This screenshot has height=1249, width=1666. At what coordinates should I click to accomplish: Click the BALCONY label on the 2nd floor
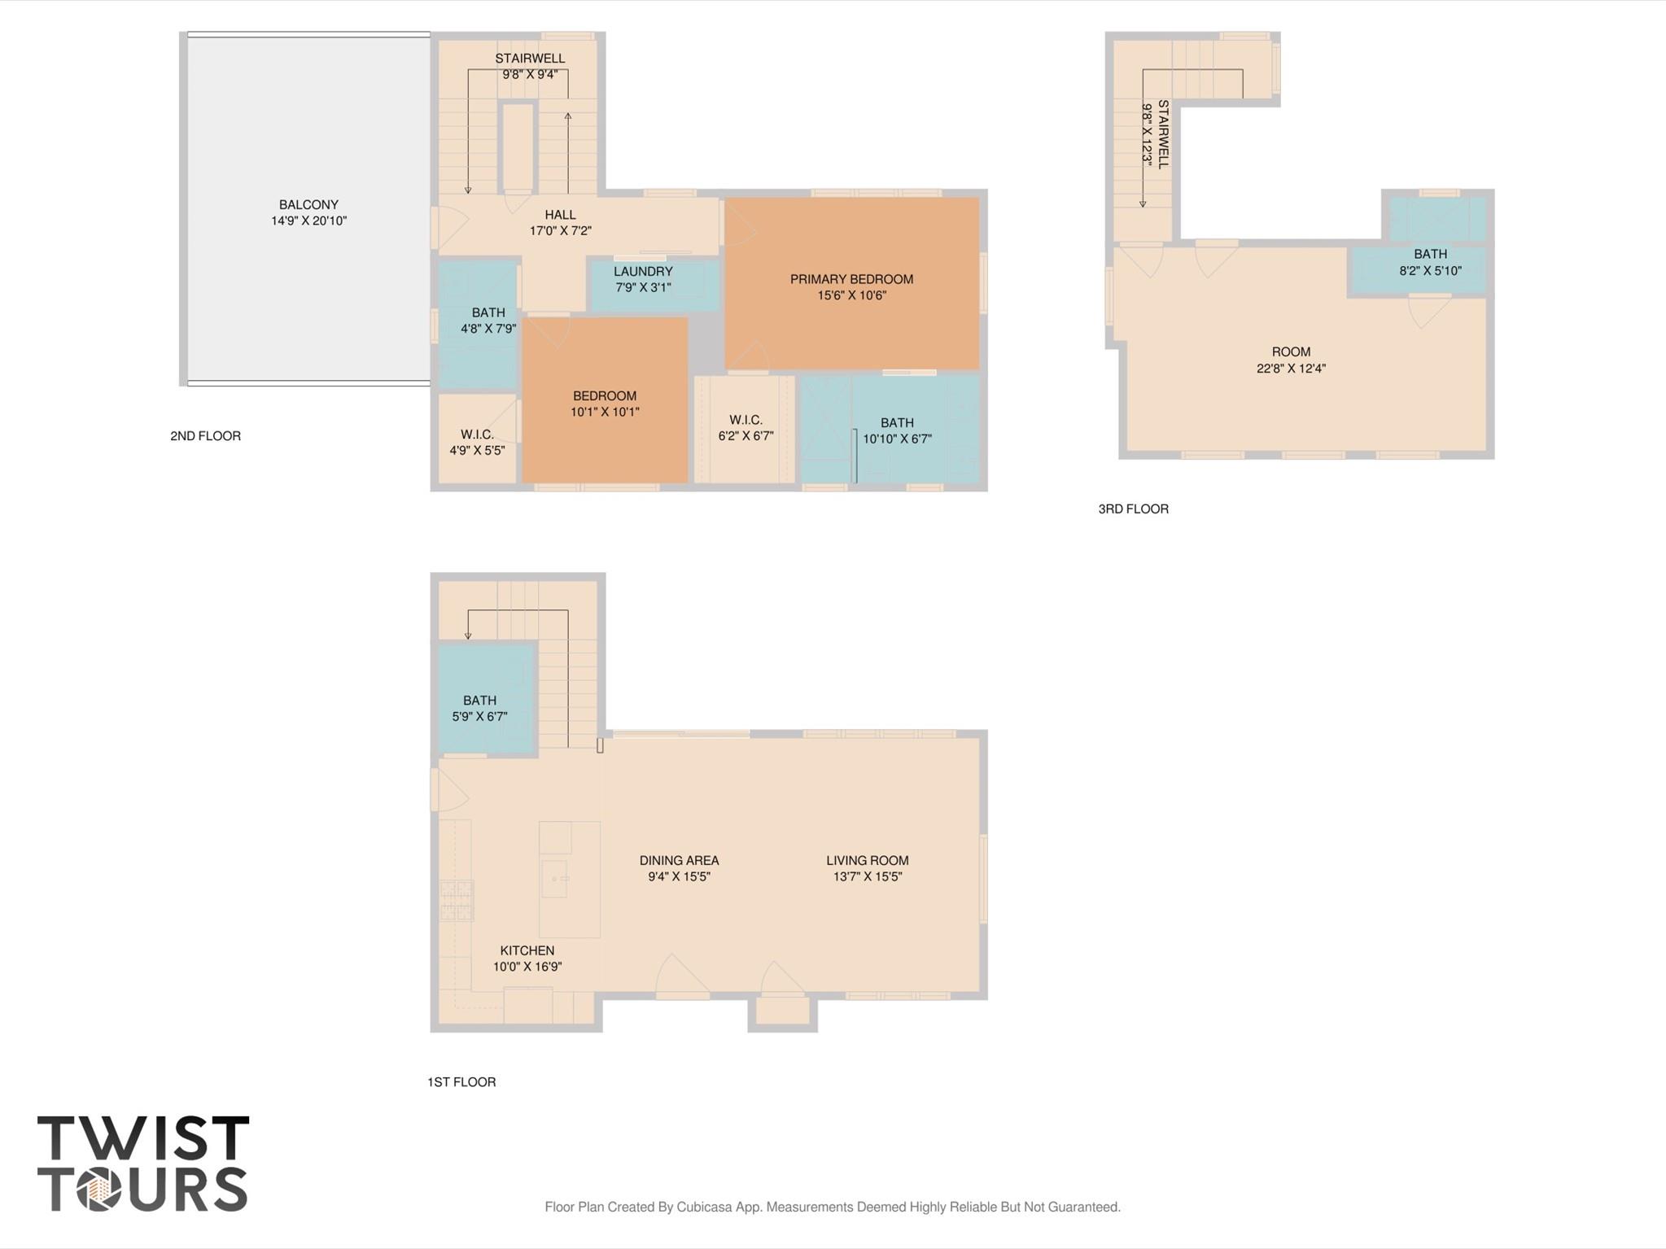point(308,205)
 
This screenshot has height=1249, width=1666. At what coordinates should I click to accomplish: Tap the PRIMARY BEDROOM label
point(851,279)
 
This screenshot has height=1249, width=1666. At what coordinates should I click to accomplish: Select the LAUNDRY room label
point(643,272)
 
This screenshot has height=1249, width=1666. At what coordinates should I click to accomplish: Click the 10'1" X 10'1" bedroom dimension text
point(605,412)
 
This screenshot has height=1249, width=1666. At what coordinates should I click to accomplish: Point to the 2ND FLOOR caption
point(205,436)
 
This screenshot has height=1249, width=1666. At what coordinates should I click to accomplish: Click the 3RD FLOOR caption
point(1133,509)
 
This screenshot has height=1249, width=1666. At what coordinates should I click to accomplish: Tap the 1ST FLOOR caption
point(461,1082)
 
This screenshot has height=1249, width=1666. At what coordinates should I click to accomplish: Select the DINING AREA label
point(679,861)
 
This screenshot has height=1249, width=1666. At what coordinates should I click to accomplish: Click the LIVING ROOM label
point(867,861)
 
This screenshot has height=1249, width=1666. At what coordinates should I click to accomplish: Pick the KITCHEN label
point(527,950)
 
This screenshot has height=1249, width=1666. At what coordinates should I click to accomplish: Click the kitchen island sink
point(555,879)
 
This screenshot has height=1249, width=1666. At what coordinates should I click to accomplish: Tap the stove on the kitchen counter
point(457,901)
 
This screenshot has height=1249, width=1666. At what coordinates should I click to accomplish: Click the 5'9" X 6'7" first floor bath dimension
point(479,717)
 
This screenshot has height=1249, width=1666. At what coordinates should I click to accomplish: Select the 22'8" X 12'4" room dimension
point(1291,369)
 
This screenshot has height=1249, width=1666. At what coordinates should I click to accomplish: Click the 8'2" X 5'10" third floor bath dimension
point(1430,271)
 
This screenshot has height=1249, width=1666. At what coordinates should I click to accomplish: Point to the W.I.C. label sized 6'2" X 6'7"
point(746,420)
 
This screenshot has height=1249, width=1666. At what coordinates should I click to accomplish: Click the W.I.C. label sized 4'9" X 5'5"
point(477,435)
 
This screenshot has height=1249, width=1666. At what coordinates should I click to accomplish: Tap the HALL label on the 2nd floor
point(560,215)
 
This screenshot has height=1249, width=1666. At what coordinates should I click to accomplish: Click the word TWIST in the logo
point(143,1138)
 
